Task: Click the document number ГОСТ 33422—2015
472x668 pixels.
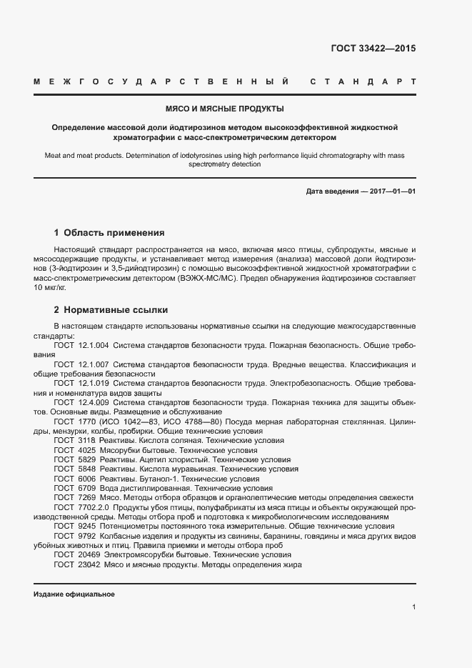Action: pos(373,49)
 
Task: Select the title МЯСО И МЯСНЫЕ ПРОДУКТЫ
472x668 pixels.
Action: pos(224,109)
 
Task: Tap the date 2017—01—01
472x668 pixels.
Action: pos(391,191)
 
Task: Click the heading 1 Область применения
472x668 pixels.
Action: pos(109,232)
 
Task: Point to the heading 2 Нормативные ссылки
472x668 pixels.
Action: pos(111,310)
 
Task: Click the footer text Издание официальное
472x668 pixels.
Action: pos(74,594)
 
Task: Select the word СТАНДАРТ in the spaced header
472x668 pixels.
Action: pos(362,82)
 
